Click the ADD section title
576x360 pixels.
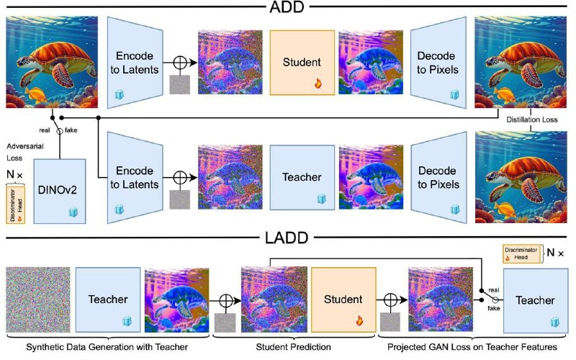tap(287, 7)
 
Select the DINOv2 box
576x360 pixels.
tap(60, 191)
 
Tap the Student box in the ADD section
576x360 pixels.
tap(302, 63)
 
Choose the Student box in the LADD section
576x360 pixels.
tap(343, 300)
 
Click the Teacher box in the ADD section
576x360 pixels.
tap(302, 177)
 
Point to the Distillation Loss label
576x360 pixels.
tap(532, 120)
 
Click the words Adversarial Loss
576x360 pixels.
tap(24, 152)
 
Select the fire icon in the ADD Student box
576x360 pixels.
tap(318, 84)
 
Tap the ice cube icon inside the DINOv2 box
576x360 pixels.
tap(73, 212)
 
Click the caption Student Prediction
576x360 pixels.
tap(293, 347)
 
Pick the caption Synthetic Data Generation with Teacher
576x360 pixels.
tap(107, 347)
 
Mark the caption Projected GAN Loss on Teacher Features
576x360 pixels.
tap(472, 347)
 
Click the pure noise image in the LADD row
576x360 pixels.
tap(38, 300)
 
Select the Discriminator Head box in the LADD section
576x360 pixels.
tap(521, 253)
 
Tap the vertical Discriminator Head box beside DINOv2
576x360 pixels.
tap(15, 205)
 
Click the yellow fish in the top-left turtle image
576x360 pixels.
tap(36, 96)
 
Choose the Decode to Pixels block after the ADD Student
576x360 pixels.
tap(438, 63)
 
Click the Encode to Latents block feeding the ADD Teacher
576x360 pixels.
tap(135, 177)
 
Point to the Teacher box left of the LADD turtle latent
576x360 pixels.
tap(107, 300)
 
